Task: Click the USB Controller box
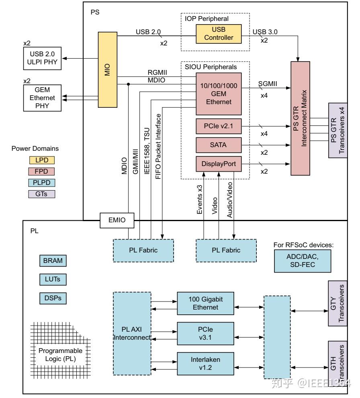[219, 34]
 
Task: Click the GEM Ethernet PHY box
[42, 98]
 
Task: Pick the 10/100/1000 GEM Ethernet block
[219, 94]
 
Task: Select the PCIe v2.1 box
[219, 127]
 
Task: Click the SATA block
[219, 145]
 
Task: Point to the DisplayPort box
[219, 164]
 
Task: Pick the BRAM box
[53, 261]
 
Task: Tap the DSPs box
[53, 298]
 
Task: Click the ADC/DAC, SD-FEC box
[303, 261]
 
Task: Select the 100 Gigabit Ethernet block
[206, 304]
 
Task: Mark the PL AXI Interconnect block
[132, 333]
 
